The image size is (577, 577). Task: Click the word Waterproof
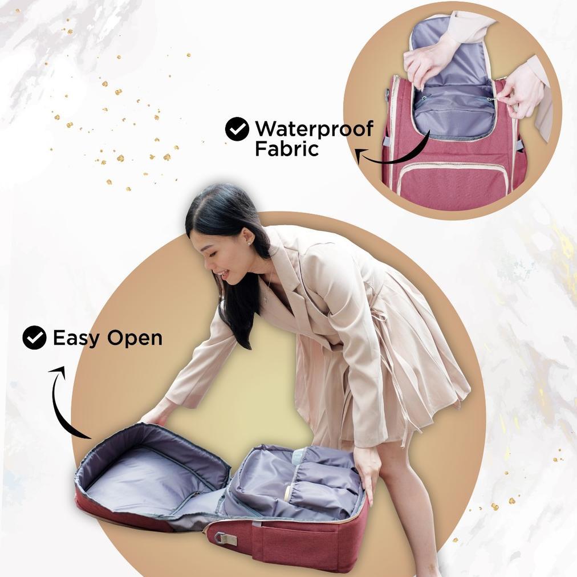[314, 129]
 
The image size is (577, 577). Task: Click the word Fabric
[286, 149]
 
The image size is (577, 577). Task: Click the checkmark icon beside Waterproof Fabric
[237, 129]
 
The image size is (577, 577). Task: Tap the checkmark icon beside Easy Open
[34, 338]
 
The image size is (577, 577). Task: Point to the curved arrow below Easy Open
[63, 402]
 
